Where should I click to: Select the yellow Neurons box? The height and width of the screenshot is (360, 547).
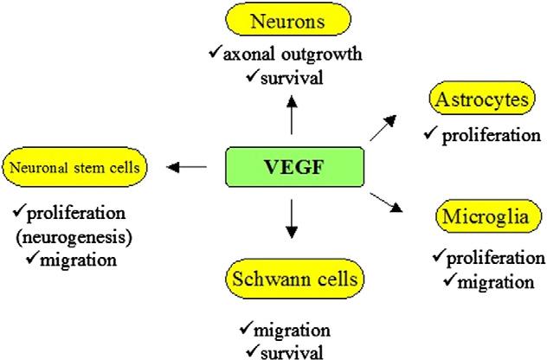pyautogui.click(x=292, y=18)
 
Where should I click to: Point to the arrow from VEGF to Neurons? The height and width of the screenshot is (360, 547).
pyautogui.click(x=292, y=114)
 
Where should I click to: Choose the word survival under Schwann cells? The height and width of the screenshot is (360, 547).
pyautogui.click(x=292, y=350)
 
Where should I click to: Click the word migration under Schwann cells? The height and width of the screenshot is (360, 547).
pyautogui.click(x=292, y=330)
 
